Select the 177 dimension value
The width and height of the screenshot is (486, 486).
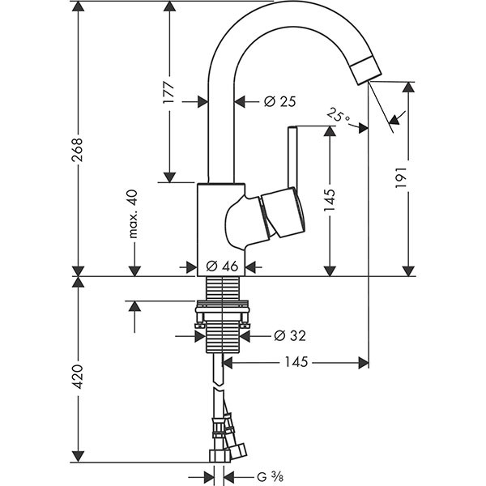tap(169, 91)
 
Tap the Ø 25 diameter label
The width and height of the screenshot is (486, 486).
tap(280, 101)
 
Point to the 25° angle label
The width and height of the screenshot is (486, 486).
tap(339, 115)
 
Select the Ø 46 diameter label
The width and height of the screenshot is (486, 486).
tap(221, 265)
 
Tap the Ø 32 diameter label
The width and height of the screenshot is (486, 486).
tap(289, 335)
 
